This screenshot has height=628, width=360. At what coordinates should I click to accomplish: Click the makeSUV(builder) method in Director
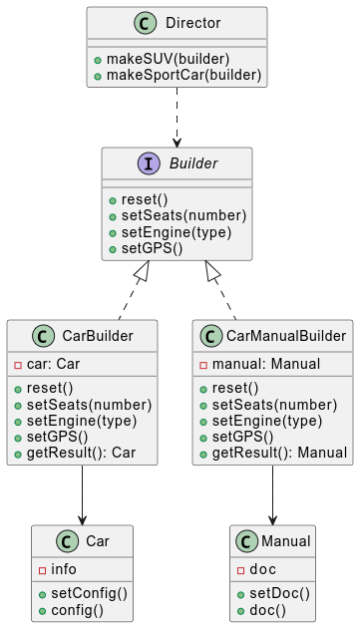pos(168,59)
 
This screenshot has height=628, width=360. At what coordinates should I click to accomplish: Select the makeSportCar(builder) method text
pos(184,76)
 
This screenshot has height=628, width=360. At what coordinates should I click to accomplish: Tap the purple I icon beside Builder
pos(150,163)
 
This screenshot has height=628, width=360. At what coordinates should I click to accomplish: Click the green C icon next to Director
pos(145,23)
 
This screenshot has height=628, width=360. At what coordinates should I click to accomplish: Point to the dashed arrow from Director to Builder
pos(177,118)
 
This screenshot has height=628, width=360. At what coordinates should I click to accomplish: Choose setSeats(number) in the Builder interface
pos(184,216)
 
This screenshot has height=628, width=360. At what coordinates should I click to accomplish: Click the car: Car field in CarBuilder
pos(53,364)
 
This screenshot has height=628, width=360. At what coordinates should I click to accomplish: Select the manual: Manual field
pos(266,364)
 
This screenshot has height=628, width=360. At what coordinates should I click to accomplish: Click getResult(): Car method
pos(82,453)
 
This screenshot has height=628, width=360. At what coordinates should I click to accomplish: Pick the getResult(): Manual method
pos(280,453)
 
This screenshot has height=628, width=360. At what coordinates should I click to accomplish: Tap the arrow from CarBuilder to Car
pos(82,495)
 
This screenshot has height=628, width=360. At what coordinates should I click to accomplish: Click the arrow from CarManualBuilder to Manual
pos(272,495)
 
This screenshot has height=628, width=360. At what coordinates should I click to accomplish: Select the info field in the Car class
pos(64,569)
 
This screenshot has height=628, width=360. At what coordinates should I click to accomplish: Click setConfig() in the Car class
pos(89,594)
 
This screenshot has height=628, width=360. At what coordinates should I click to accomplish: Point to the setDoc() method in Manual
pos(280,594)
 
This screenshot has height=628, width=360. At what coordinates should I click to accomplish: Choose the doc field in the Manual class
pos(262,569)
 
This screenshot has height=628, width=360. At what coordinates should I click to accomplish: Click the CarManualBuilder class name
pos(286,336)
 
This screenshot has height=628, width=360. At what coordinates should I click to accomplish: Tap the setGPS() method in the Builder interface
pos(152,249)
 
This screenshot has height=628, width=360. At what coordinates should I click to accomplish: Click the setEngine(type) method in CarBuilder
pos(82,421)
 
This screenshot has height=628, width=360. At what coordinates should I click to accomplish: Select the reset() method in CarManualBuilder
pos(235,389)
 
